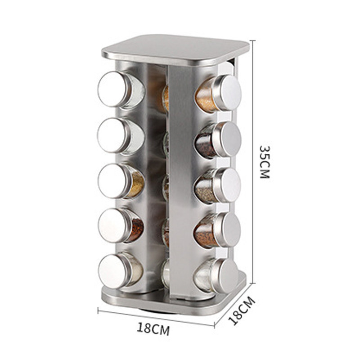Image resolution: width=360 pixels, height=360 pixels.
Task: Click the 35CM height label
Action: (x=264, y=162)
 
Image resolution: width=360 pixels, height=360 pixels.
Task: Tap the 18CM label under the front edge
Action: (x=153, y=329)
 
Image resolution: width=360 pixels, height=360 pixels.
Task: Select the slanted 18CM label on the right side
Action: (x=242, y=310)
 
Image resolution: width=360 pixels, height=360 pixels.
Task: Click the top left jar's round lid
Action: (x=112, y=89)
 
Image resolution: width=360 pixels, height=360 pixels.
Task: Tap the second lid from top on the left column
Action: (x=112, y=135)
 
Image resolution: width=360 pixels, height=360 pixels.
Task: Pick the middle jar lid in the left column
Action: (x=112, y=181)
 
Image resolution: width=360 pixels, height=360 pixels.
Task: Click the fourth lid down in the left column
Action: (x=113, y=225)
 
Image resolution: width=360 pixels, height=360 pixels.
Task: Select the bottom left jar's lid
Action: (x=113, y=271)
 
